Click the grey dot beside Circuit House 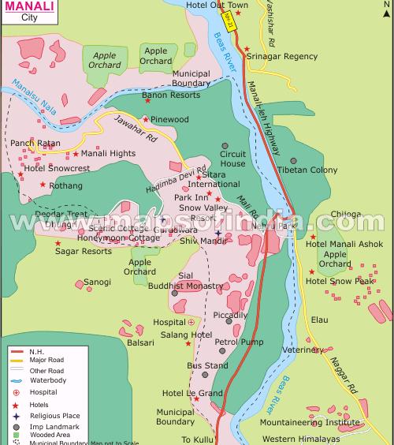225,145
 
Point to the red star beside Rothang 43,185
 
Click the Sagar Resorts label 83,252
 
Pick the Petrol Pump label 239,342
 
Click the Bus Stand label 207,366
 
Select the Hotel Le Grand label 192,393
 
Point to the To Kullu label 198,439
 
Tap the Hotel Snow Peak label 340,281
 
